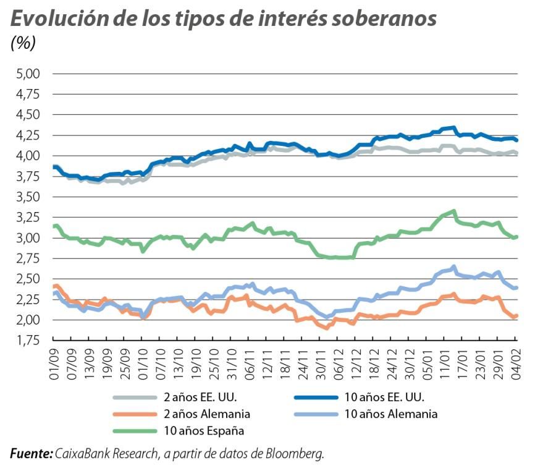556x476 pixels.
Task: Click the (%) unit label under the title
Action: tap(23, 44)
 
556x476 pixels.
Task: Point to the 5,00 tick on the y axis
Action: tap(27, 74)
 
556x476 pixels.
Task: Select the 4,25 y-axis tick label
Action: tap(27, 135)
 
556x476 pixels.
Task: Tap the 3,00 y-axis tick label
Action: tap(27, 238)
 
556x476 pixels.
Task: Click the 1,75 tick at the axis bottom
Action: tap(27, 341)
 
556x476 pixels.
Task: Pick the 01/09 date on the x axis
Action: tap(54, 363)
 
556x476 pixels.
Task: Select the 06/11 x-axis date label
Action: tap(250, 363)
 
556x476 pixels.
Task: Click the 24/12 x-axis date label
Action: tap(392, 363)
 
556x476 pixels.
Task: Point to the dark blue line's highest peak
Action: tap(453, 128)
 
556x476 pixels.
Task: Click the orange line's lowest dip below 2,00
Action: tap(326, 328)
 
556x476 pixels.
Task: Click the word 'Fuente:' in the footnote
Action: tap(32, 454)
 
